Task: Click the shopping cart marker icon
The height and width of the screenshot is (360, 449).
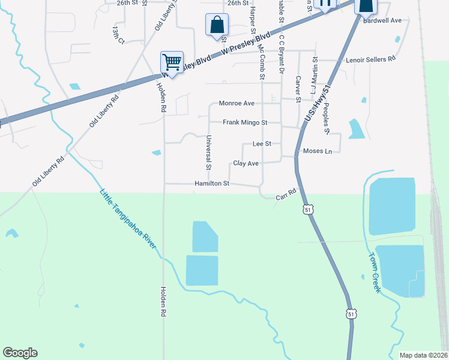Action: pyautogui.click(x=172, y=62)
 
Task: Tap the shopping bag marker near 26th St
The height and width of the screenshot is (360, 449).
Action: pyautogui.click(x=217, y=26)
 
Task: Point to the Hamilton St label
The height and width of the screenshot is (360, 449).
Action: pyautogui.click(x=212, y=183)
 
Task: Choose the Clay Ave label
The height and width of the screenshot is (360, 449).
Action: pyautogui.click(x=246, y=163)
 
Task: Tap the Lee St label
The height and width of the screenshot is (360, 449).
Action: pyautogui.click(x=262, y=144)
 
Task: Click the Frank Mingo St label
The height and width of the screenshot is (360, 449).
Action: pyautogui.click(x=245, y=122)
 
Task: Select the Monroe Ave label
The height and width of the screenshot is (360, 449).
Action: pyautogui.click(x=237, y=103)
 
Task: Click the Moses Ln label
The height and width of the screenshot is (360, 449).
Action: pyautogui.click(x=318, y=151)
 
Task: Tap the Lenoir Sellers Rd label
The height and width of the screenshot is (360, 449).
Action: pyautogui.click(x=371, y=59)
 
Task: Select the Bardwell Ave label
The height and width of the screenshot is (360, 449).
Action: pyautogui.click(x=382, y=20)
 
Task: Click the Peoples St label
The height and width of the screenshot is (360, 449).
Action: pyautogui.click(x=327, y=117)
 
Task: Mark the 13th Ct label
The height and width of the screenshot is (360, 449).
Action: pyautogui.click(x=118, y=35)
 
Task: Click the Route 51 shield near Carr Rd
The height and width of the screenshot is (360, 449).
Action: pyautogui.click(x=308, y=210)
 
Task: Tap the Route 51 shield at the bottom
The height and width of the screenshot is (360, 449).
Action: pyautogui.click(x=351, y=314)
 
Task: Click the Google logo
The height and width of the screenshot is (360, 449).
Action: pyautogui.click(x=20, y=353)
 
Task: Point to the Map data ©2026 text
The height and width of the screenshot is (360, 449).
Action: pyautogui.click(x=423, y=355)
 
